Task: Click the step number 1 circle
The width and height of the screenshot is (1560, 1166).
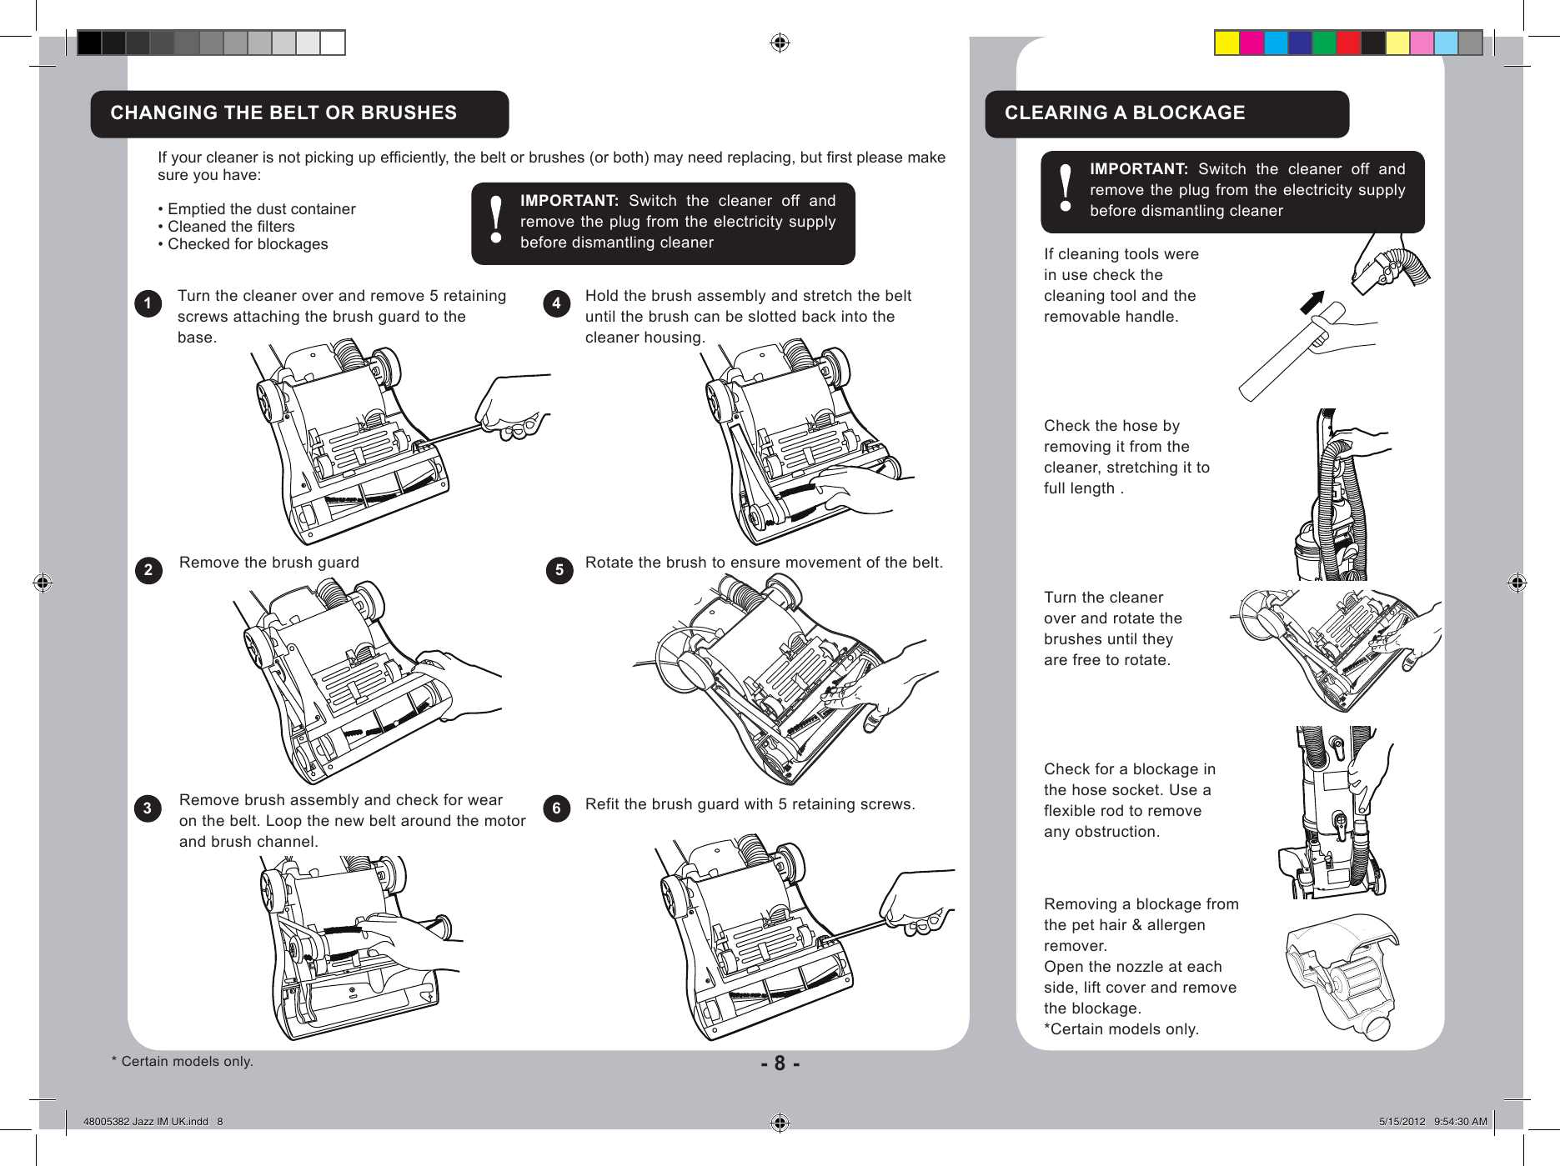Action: pos(148,303)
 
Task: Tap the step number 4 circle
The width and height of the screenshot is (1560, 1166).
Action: pos(557,303)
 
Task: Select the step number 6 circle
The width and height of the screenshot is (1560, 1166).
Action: pos(557,808)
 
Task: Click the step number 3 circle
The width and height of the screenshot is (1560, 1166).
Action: pos(148,808)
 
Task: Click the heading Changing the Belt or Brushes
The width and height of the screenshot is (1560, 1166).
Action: pos(283,113)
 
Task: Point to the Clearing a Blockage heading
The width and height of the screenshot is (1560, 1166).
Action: pos(1124,113)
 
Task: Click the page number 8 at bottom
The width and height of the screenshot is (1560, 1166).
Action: pos(780,1063)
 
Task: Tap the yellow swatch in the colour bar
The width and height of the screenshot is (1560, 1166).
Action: pos(1226,43)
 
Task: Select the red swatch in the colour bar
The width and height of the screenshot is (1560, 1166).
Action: pos(1348,43)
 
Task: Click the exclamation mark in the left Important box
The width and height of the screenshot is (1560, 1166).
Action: pos(496,220)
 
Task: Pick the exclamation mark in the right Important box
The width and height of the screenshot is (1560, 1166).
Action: pos(1065,188)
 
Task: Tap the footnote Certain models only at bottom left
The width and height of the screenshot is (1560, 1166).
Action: pos(183,1062)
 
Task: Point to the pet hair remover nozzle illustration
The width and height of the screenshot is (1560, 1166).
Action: pos(1342,975)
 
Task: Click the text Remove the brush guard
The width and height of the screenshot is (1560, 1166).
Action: pos(269,563)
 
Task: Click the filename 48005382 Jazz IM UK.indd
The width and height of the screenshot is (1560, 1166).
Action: pos(147,1122)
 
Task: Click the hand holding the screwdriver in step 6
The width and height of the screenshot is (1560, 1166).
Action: pos(915,904)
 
